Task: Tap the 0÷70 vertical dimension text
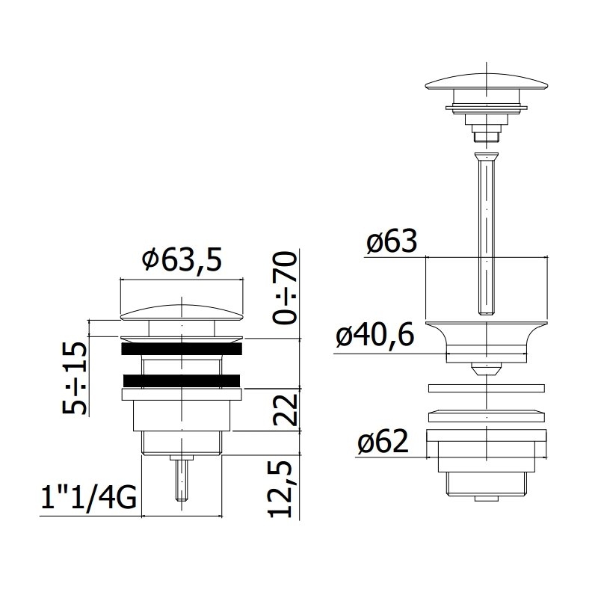[285, 288]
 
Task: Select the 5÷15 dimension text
[75, 377]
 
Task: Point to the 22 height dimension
[285, 410]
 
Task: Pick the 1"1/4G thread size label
[88, 497]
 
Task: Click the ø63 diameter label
[392, 241]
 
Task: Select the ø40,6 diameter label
[375, 336]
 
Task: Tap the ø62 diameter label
[383, 442]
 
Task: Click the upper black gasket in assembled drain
[182, 348]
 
